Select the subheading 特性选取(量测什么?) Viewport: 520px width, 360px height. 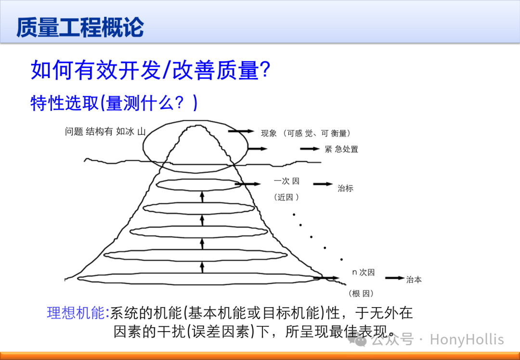click(114, 103)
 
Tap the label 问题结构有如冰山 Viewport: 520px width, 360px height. click(105, 131)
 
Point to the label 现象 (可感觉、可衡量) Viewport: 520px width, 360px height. click(306, 133)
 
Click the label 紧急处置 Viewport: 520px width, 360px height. click(341, 149)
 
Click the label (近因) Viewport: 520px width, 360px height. click(286, 197)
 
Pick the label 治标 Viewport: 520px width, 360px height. click(345, 188)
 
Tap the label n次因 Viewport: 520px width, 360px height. click(364, 272)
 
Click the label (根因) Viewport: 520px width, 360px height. click(361, 294)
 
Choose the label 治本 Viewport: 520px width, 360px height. click(414, 280)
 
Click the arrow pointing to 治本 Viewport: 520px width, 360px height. click(395, 278)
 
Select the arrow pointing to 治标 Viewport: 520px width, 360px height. click(323, 184)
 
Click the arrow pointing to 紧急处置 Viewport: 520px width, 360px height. click(310, 149)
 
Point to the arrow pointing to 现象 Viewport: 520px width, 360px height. click(241, 131)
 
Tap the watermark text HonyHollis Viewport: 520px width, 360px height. click(467, 340)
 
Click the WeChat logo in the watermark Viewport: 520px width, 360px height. click(356, 340)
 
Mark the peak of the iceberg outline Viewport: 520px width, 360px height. click(198, 125)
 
